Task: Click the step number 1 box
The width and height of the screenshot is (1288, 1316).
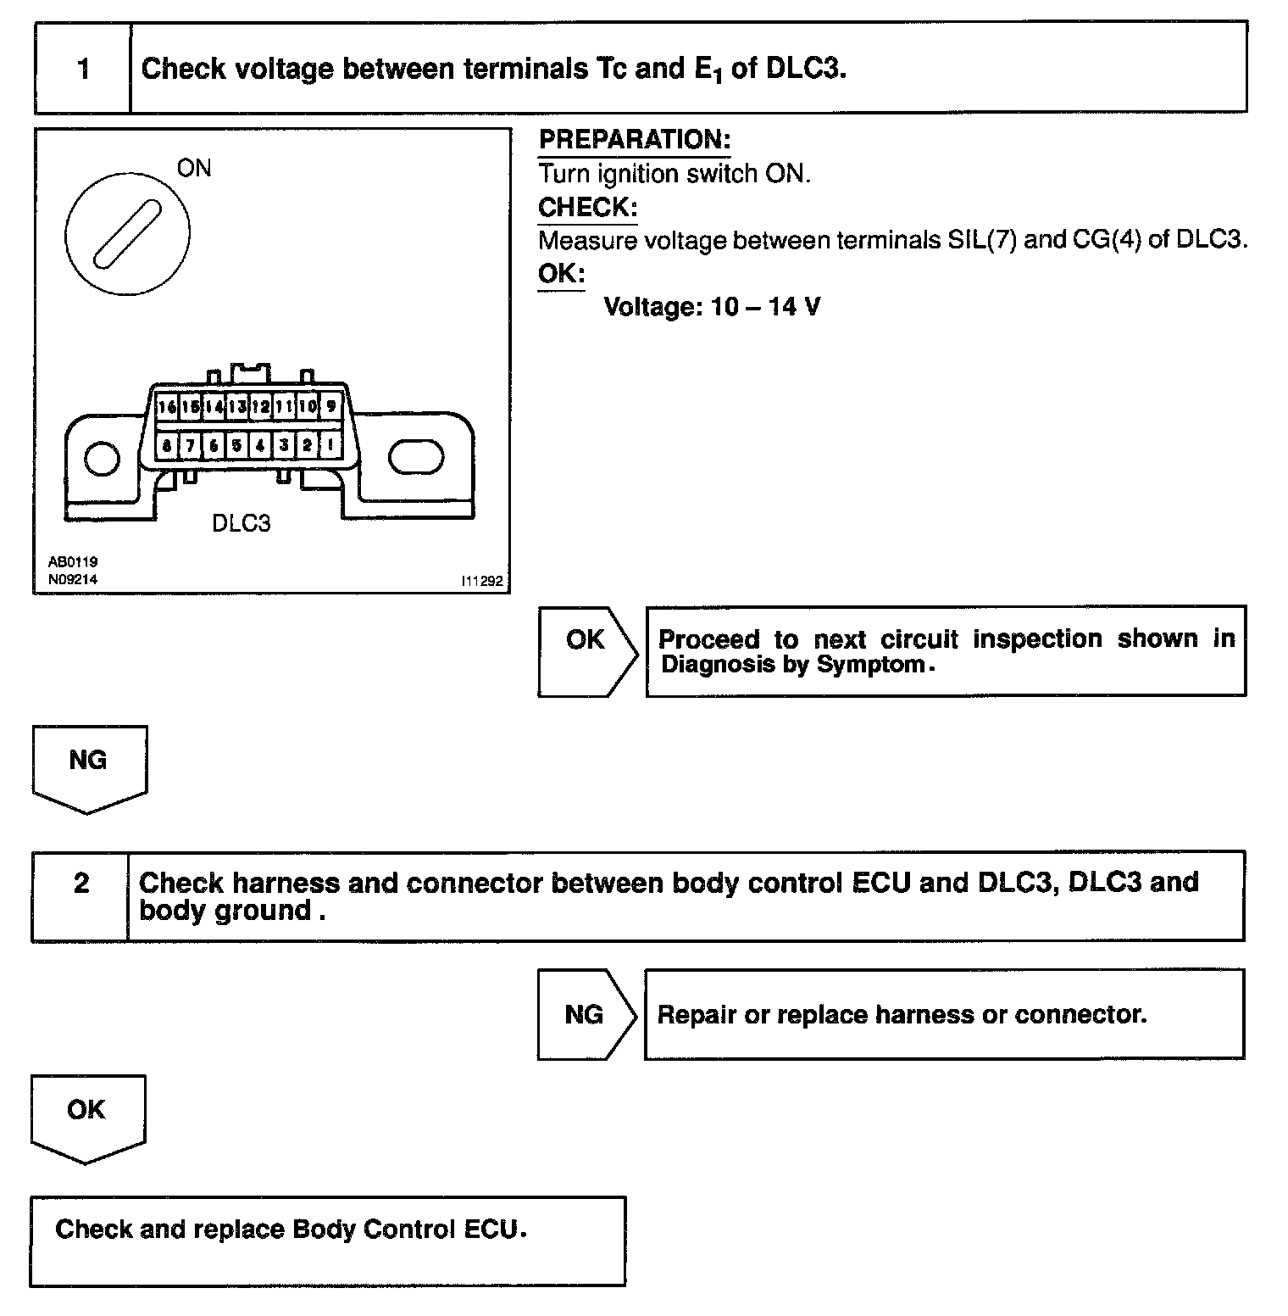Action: (x=83, y=69)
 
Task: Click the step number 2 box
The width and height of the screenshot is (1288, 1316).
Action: (x=80, y=884)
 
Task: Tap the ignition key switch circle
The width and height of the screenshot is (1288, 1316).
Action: (x=127, y=233)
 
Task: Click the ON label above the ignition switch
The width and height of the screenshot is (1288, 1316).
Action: (x=194, y=168)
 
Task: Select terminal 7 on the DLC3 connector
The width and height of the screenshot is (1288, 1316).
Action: (x=191, y=445)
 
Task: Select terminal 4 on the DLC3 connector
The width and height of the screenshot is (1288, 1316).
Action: (x=261, y=445)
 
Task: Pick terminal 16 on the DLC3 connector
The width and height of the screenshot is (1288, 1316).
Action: (x=167, y=407)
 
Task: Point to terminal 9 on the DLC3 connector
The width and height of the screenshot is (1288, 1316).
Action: (x=330, y=407)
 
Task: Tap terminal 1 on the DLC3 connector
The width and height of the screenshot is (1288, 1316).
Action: (x=330, y=445)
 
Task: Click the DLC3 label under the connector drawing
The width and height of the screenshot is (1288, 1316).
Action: (x=241, y=523)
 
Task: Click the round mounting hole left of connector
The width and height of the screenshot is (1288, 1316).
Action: (x=103, y=459)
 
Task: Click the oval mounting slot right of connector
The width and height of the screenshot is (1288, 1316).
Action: (x=415, y=457)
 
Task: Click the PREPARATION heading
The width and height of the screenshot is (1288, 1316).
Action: (x=635, y=140)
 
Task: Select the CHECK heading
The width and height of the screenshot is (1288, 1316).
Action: (x=587, y=207)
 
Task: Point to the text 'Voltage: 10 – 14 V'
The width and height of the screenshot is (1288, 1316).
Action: (x=712, y=306)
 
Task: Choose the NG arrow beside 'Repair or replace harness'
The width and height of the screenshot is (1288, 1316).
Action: (x=584, y=1015)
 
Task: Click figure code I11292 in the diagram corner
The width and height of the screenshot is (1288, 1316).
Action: (x=481, y=582)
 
